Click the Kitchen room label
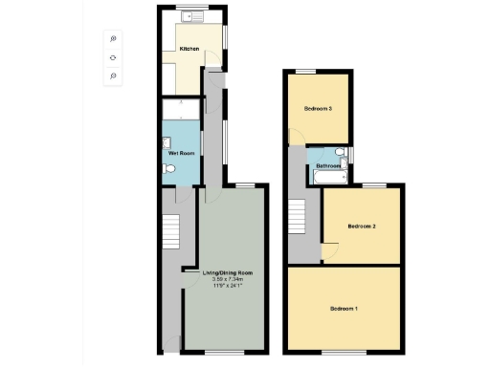click(189, 48)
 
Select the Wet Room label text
click(181, 153)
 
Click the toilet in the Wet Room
click(170, 169)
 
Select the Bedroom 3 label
click(318, 108)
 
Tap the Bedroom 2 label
click(361, 227)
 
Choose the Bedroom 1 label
click(344, 309)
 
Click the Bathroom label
click(330, 166)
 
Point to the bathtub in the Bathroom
click(331, 177)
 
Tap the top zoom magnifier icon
click(113, 39)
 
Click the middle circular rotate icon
click(113, 57)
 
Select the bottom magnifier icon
click(113, 76)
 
